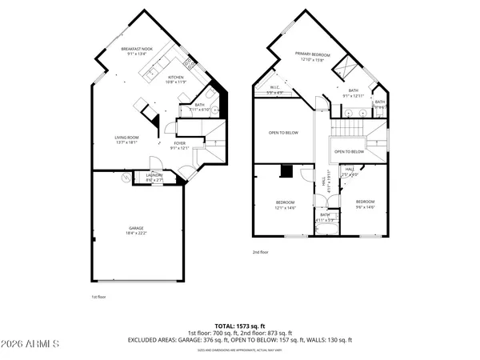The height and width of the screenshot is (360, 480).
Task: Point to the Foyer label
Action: point(181,145)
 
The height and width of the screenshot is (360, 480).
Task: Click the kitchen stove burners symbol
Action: point(189,63)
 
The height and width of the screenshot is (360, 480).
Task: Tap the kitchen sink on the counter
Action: point(150,74)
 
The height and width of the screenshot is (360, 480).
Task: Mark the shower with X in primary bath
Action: point(348,67)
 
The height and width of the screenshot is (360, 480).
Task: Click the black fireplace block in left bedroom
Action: point(286,170)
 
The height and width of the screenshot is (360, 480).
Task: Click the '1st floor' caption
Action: point(99,296)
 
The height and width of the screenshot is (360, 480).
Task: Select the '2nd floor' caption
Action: point(261,252)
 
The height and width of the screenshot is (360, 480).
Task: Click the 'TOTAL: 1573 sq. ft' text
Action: point(239,326)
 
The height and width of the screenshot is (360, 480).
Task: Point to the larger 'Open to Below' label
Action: point(283,133)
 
